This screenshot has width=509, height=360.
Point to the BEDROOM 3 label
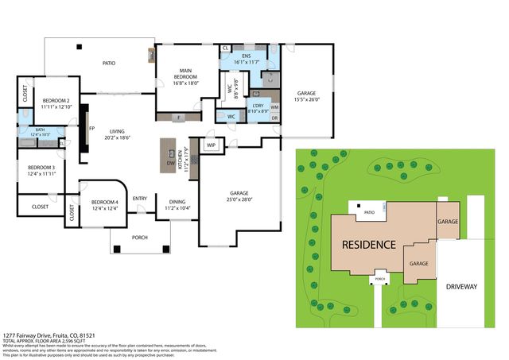[41, 168]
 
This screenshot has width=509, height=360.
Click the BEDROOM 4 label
[104, 202]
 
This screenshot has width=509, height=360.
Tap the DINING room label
[178, 202]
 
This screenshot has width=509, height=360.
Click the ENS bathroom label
[247, 56]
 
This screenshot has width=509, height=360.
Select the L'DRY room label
[258, 106]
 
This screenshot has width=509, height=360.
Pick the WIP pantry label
[212, 145]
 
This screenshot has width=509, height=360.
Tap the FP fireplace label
[91, 127]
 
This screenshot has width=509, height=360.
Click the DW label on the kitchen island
[170, 164]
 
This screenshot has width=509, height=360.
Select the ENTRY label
[140, 199]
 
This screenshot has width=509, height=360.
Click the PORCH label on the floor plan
[139, 237]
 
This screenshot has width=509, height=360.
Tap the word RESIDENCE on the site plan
[368, 244]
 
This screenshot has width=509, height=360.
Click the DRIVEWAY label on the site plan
[462, 286]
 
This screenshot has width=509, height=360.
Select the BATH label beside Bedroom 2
[39, 130]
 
